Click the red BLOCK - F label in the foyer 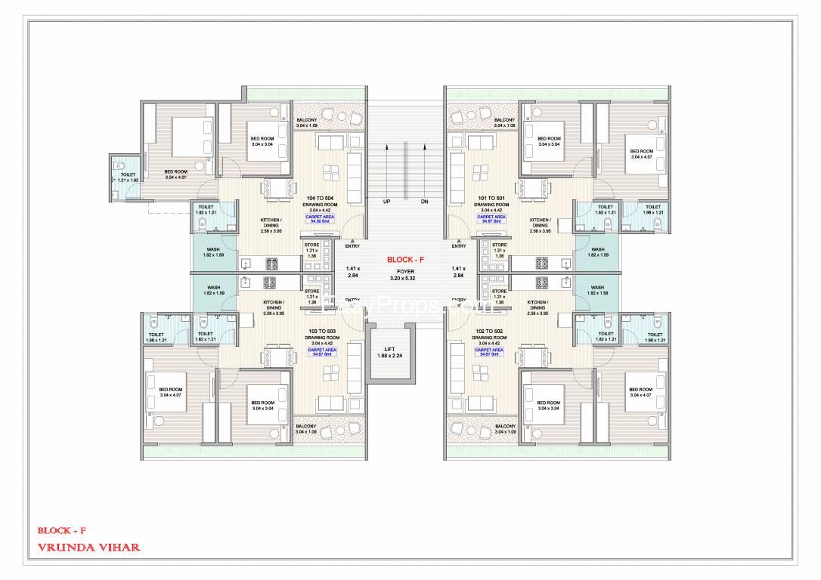[405, 259]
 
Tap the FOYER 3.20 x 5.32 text [405, 274]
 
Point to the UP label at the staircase [386, 202]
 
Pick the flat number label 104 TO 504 [318, 198]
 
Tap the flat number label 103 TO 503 [318, 332]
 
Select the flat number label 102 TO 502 [489, 332]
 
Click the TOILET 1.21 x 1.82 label [129, 177]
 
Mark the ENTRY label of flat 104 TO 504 [352, 246]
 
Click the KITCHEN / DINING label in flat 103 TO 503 [273, 305]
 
